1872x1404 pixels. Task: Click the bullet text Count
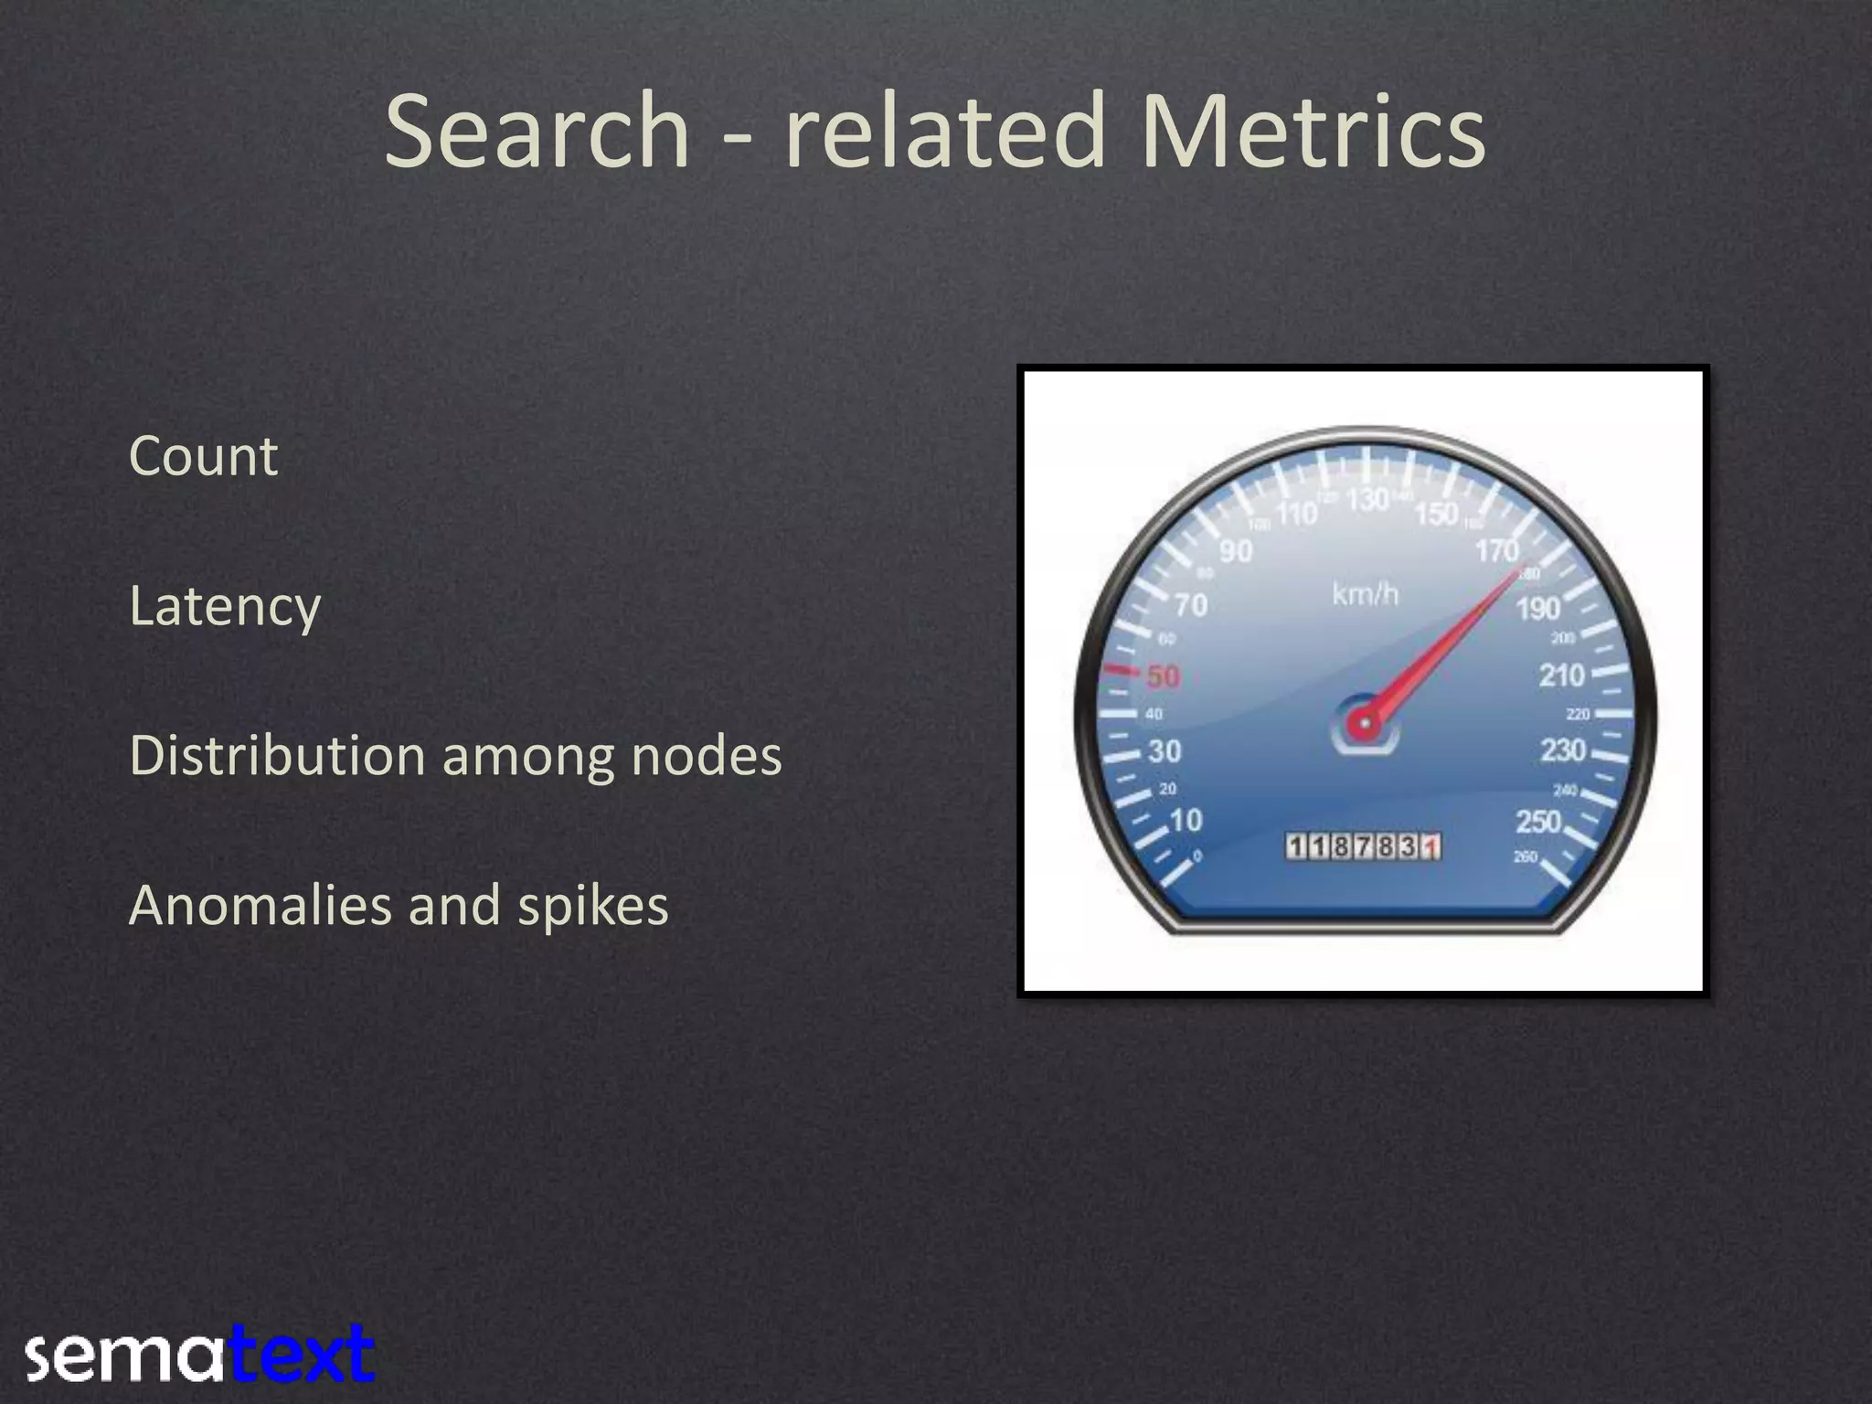coord(203,456)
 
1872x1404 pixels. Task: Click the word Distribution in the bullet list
coord(278,757)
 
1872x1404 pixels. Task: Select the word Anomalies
coord(261,906)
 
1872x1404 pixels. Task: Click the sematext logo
coord(199,1355)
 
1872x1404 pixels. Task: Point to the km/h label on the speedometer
coord(1365,594)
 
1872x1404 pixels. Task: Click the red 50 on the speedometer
coord(1163,676)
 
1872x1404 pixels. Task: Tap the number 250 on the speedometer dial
coord(1538,821)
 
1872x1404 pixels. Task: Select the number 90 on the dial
coord(1236,551)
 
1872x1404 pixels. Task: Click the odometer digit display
coord(1364,846)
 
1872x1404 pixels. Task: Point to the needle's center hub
coord(1365,724)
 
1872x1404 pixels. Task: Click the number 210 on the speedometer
coord(1561,675)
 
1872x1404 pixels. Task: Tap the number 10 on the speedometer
coord(1186,820)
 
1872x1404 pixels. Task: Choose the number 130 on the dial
coord(1367,499)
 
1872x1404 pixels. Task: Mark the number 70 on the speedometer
coord(1191,605)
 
